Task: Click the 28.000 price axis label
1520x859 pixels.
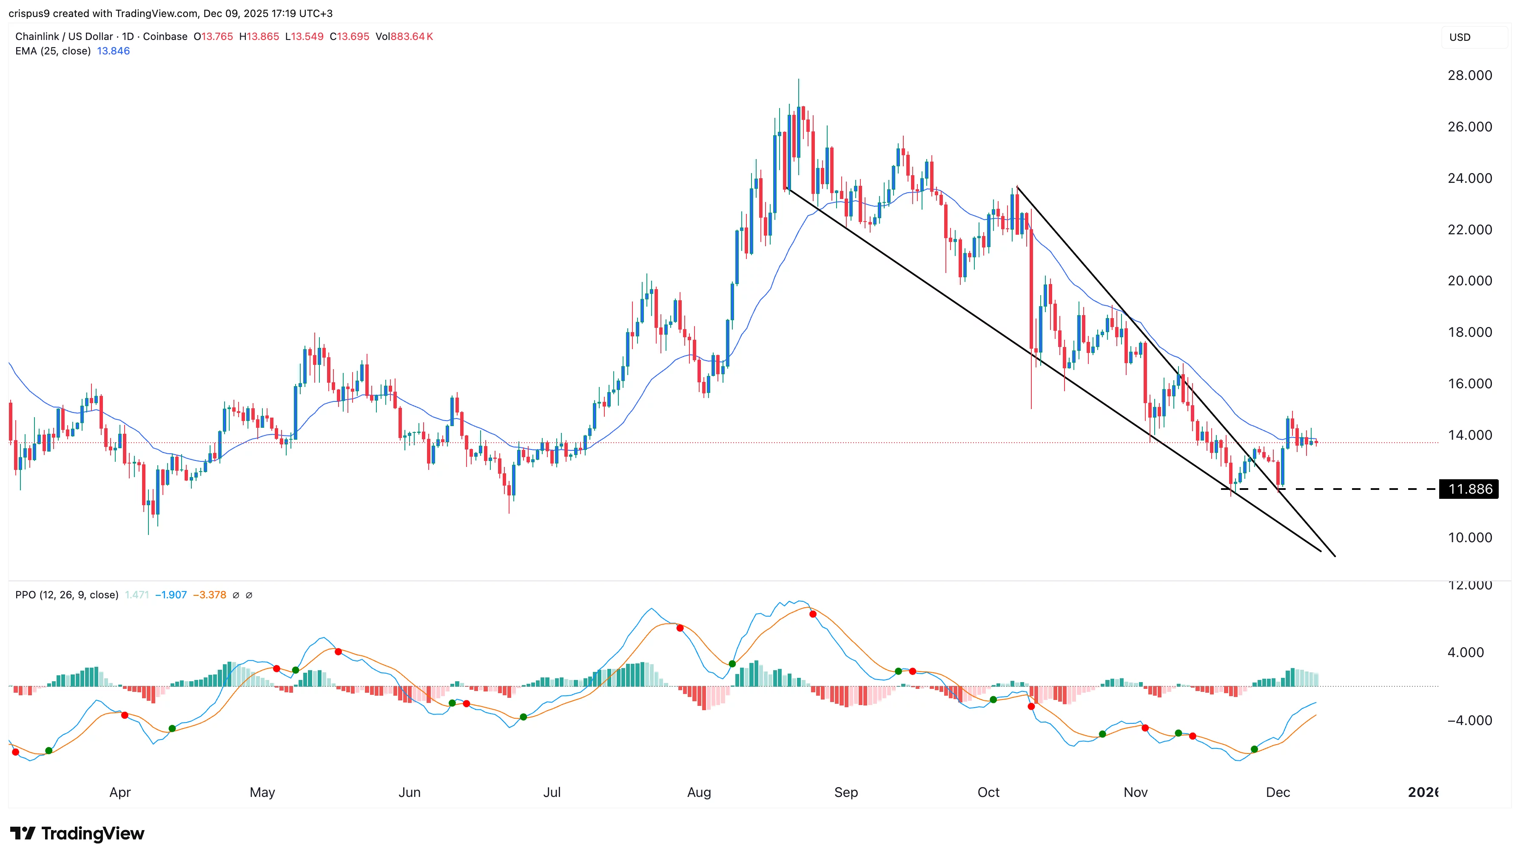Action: coord(1469,76)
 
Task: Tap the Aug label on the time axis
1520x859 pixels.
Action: coord(699,792)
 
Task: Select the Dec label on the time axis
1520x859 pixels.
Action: coord(1278,792)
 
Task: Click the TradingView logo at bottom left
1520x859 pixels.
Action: coord(77,833)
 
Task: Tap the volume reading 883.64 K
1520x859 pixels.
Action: coord(411,37)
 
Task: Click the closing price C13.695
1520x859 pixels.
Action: coord(349,37)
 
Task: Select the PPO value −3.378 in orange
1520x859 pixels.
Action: coord(210,594)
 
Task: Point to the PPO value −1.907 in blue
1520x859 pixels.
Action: coord(171,594)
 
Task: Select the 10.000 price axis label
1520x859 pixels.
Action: coord(1469,538)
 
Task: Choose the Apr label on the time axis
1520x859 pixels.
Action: coord(120,792)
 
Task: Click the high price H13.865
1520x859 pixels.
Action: coord(259,37)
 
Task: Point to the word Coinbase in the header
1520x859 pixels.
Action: coord(165,37)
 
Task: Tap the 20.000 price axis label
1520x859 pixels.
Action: coord(1469,281)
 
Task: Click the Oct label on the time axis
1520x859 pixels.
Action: coord(988,792)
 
